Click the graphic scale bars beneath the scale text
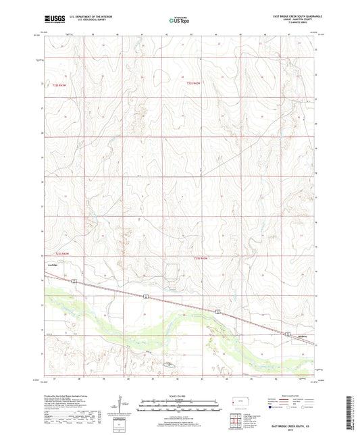(x=179, y=405)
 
